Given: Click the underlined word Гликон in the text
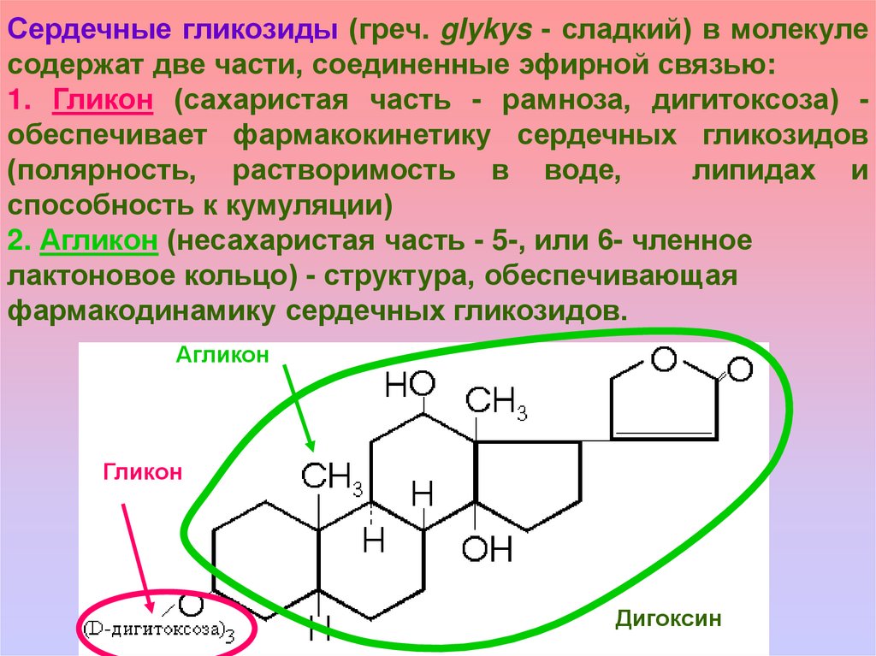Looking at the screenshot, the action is point(104,100).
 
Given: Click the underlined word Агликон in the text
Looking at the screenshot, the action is point(98,242).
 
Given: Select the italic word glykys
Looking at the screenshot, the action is point(480,33).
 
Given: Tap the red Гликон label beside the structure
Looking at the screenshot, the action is point(144,471).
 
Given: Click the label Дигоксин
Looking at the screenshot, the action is point(669,618).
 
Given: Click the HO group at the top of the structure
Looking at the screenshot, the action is point(411,386).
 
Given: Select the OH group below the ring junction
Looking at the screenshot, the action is point(487,548).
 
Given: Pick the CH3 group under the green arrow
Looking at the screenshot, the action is point(333,479).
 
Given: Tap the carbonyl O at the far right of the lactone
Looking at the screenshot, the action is point(740,370).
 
